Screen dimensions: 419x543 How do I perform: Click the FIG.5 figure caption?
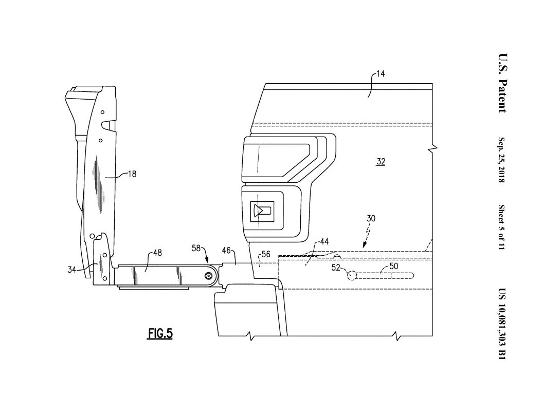(160, 334)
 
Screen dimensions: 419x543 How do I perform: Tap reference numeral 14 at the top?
(380, 74)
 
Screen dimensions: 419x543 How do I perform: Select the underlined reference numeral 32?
(381, 162)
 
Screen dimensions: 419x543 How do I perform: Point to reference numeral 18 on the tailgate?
(132, 174)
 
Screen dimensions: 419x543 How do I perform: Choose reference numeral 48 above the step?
(157, 253)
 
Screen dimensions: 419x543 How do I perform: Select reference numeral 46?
(226, 250)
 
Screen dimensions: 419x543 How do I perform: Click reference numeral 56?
(266, 254)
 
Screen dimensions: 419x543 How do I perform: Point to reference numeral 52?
(336, 267)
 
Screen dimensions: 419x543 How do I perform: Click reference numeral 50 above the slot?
(393, 266)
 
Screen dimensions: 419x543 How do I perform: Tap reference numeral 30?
(371, 218)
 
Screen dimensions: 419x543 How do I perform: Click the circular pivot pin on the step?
(208, 276)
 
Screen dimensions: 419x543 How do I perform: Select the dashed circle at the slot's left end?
(352, 276)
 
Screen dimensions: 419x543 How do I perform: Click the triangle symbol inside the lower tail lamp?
(257, 211)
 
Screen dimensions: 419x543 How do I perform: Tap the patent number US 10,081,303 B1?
(502, 323)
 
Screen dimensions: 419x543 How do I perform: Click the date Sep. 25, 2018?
(501, 160)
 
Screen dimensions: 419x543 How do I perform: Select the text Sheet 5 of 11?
(501, 227)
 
